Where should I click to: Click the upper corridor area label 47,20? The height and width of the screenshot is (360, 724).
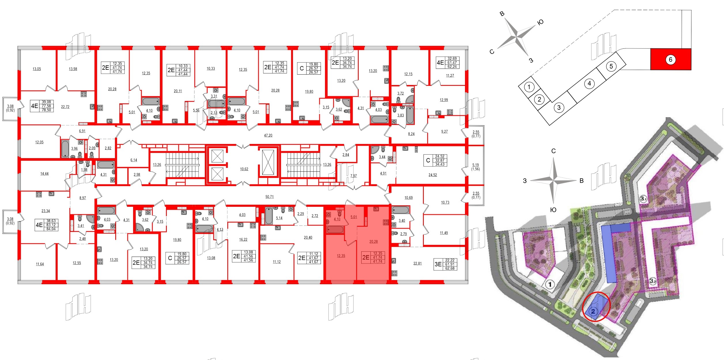[x=268, y=135]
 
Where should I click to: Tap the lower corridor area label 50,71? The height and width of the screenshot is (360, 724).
[x=269, y=197]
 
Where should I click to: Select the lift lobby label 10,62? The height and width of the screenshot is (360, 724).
[x=244, y=169]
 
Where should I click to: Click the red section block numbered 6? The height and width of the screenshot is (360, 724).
[x=670, y=60]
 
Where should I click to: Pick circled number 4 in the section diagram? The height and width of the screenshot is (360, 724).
[x=589, y=84]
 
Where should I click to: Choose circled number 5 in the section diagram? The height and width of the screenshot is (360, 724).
[x=611, y=67]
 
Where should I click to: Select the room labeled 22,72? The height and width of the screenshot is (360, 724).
[x=65, y=107]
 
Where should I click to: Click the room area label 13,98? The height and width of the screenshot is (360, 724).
[x=73, y=69]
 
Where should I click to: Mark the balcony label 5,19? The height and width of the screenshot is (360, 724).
[x=475, y=165]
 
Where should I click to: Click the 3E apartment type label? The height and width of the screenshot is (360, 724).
[x=438, y=264]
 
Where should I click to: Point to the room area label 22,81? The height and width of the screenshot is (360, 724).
[x=417, y=263]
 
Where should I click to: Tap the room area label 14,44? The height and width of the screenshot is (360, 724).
[x=44, y=174]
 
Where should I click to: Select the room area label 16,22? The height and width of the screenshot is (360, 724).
[x=243, y=239]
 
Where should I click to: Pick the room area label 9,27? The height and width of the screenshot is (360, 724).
[x=444, y=131]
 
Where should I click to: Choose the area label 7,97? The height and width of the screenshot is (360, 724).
[x=353, y=176]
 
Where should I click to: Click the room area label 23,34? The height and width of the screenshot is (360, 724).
[x=46, y=211]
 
